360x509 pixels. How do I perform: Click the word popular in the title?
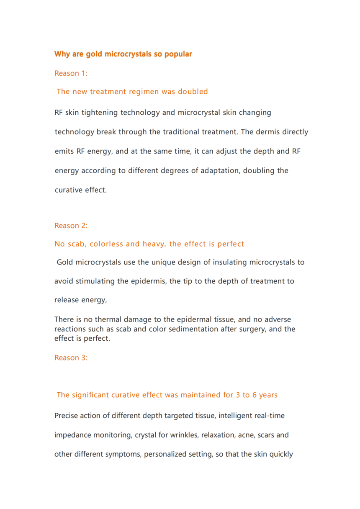[x=178, y=54]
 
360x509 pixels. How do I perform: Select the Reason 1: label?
[x=71, y=73]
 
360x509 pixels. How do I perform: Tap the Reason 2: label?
[x=71, y=226]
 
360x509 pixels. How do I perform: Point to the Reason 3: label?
[x=71, y=357]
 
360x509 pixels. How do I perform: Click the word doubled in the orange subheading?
[x=193, y=91]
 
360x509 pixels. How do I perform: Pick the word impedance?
[x=73, y=435]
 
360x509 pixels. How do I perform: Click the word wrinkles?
[x=184, y=435]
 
